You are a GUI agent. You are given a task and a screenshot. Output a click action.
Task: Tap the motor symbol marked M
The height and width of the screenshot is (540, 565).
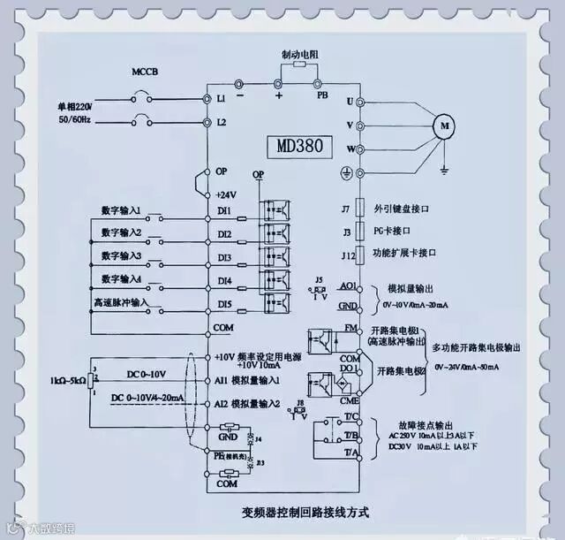point(445,125)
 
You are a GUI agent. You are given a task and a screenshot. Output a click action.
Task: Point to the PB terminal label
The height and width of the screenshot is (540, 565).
point(321,95)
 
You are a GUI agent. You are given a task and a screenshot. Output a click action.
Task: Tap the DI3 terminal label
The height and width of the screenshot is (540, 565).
point(224,258)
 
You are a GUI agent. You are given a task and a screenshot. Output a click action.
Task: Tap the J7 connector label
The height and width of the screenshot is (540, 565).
point(346,210)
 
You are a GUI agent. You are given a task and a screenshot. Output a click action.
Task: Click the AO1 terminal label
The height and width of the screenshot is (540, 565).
point(348,287)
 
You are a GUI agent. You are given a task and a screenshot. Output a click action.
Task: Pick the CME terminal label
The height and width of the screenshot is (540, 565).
point(350,399)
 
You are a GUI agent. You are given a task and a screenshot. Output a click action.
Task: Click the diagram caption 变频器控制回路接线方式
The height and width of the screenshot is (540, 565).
point(305,512)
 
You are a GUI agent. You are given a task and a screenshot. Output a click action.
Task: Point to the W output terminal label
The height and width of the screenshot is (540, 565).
point(350,148)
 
